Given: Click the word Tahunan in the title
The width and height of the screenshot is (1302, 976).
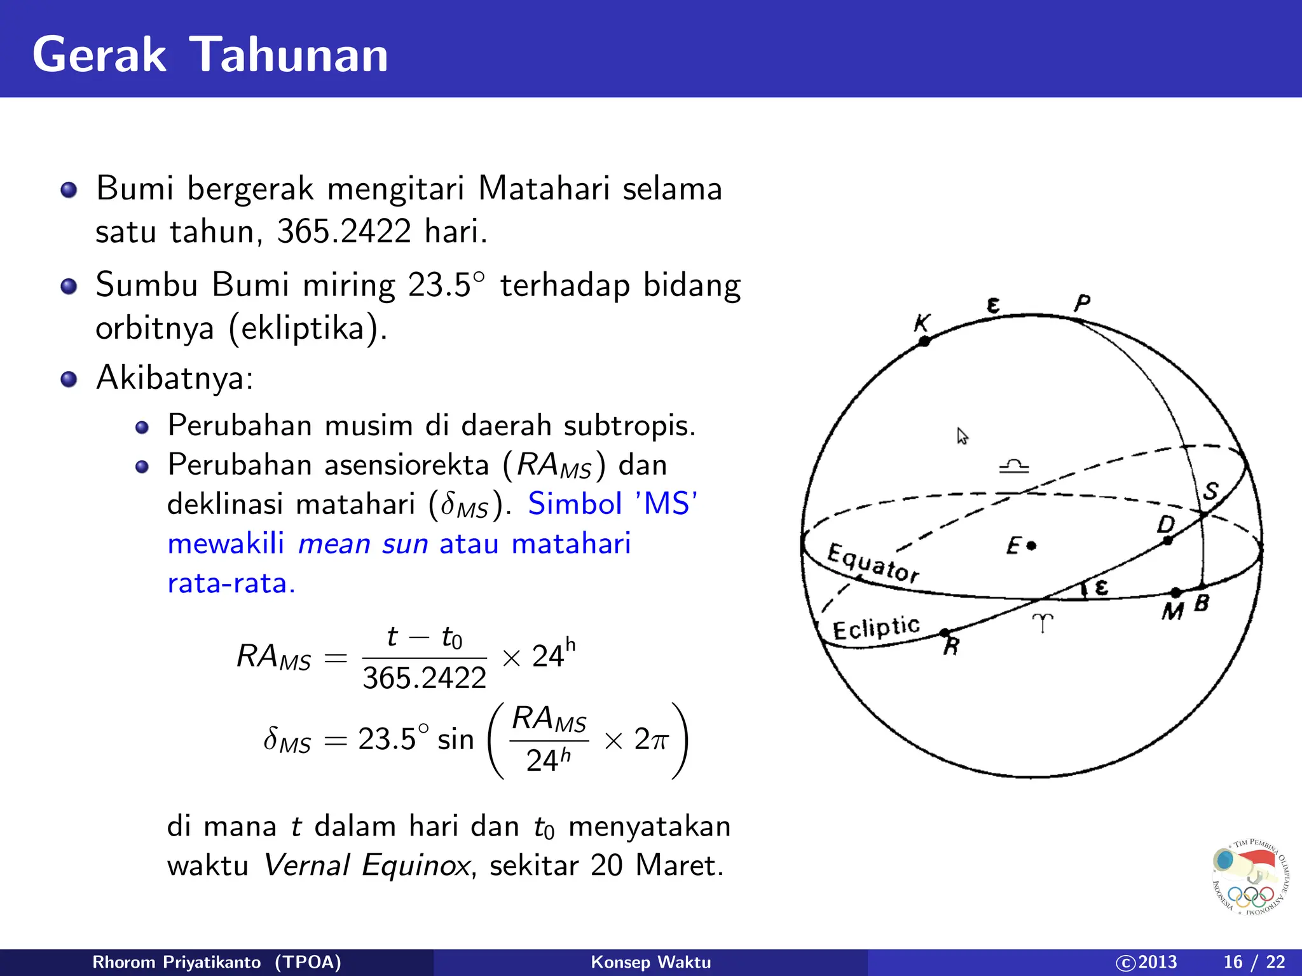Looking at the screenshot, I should pyautogui.click(x=289, y=55).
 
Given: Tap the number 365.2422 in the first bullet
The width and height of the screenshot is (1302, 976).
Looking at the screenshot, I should pyautogui.click(x=343, y=231).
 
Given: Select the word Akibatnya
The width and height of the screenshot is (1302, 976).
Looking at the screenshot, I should pyautogui.click(x=174, y=378).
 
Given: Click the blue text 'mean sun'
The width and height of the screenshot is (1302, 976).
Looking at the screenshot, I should pyautogui.click(x=363, y=544).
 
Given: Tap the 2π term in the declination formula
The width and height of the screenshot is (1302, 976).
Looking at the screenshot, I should pyautogui.click(x=651, y=740).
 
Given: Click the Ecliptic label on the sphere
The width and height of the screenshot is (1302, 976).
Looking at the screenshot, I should pyautogui.click(x=876, y=628).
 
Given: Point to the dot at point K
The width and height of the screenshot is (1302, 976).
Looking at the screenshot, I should pyautogui.click(x=924, y=341).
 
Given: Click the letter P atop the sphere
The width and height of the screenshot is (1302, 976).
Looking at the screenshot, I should pyautogui.click(x=1082, y=303).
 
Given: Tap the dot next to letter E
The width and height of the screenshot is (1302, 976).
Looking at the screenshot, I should pyautogui.click(x=1032, y=545).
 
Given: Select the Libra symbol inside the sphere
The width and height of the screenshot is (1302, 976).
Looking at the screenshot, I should pyautogui.click(x=1014, y=467).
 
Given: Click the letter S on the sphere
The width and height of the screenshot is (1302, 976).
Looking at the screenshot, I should pyautogui.click(x=1211, y=491).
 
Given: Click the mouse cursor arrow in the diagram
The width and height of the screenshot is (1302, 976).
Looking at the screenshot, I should pyautogui.click(x=962, y=436).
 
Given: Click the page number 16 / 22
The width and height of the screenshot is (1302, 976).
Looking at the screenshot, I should pyautogui.click(x=1254, y=962).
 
